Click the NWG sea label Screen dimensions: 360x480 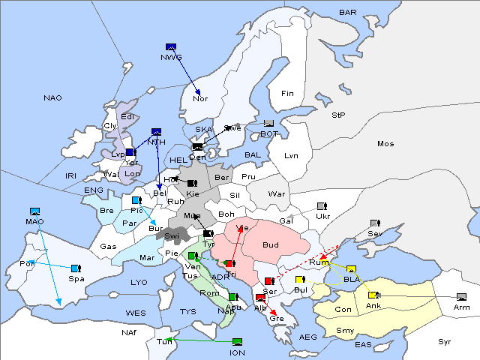click(x=171, y=57)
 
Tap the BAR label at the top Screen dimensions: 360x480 click(x=347, y=13)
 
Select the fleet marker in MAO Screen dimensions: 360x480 click(x=34, y=211)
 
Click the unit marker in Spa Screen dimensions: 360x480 click(x=76, y=268)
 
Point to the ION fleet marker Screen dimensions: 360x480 click(x=237, y=342)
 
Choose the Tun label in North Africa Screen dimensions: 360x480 click(x=164, y=342)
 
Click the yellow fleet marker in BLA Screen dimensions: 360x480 click(x=351, y=269)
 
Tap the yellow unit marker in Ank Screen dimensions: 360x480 click(x=373, y=295)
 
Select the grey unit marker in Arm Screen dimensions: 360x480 click(x=460, y=297)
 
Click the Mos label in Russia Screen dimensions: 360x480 click(x=385, y=144)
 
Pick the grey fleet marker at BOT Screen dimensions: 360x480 click(x=268, y=124)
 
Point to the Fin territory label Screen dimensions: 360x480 click(x=287, y=94)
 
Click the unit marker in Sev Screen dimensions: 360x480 click(x=375, y=223)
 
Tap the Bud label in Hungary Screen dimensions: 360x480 click(x=271, y=245)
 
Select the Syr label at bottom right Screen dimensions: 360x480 click(x=445, y=341)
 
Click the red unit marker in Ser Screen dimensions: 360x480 click(x=268, y=281)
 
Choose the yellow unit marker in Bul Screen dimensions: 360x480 click(x=300, y=280)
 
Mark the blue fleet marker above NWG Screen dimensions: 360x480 click(x=171, y=46)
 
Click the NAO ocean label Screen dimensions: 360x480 click(x=52, y=98)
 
